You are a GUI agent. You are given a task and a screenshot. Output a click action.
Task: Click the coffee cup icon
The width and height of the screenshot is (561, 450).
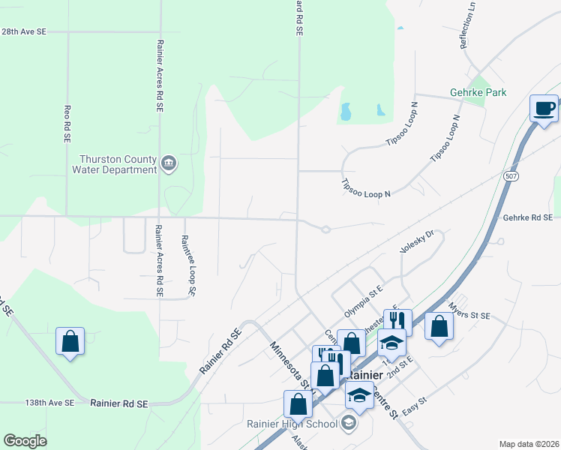coord(544,108)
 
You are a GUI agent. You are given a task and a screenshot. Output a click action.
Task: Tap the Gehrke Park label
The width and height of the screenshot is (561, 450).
coord(478,92)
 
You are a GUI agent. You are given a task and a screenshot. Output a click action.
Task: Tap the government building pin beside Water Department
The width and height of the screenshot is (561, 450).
coord(169,163)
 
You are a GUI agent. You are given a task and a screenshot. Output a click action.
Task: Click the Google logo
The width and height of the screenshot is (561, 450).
coord(25,440)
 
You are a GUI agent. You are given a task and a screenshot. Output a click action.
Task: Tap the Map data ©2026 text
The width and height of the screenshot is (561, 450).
coord(529,444)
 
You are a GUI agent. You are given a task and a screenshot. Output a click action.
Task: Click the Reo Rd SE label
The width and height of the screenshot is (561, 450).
coord(67,124)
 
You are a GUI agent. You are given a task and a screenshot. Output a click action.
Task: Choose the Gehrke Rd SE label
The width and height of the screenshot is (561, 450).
coord(528,217)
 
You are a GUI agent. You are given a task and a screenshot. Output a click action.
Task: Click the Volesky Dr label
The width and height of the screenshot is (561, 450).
coord(417,243)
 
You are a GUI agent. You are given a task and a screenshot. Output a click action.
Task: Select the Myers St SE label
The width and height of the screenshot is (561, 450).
coord(469,311)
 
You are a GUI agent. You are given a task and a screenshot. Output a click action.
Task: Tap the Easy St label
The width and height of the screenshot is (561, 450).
coord(414,402)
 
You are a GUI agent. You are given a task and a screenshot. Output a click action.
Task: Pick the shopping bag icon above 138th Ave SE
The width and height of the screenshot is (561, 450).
coord(70,342)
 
